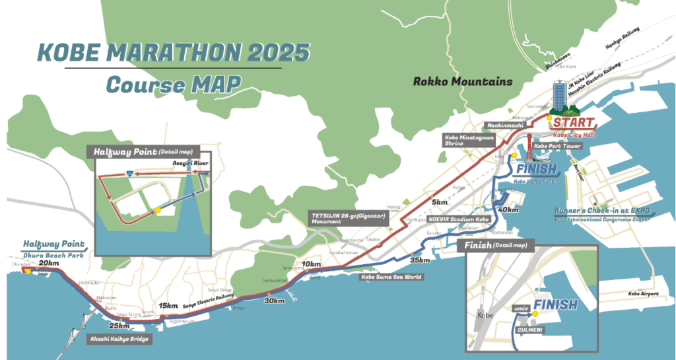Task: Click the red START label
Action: click(x=573, y=123)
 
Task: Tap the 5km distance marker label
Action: click(x=440, y=201)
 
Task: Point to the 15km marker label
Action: click(x=168, y=305)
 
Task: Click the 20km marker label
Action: click(x=48, y=263)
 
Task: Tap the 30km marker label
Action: click(x=275, y=301)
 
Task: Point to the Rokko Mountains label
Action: click(x=463, y=82)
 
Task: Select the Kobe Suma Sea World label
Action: click(x=391, y=277)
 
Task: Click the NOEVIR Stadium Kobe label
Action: click(x=457, y=218)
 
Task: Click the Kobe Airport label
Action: click(x=643, y=293)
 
